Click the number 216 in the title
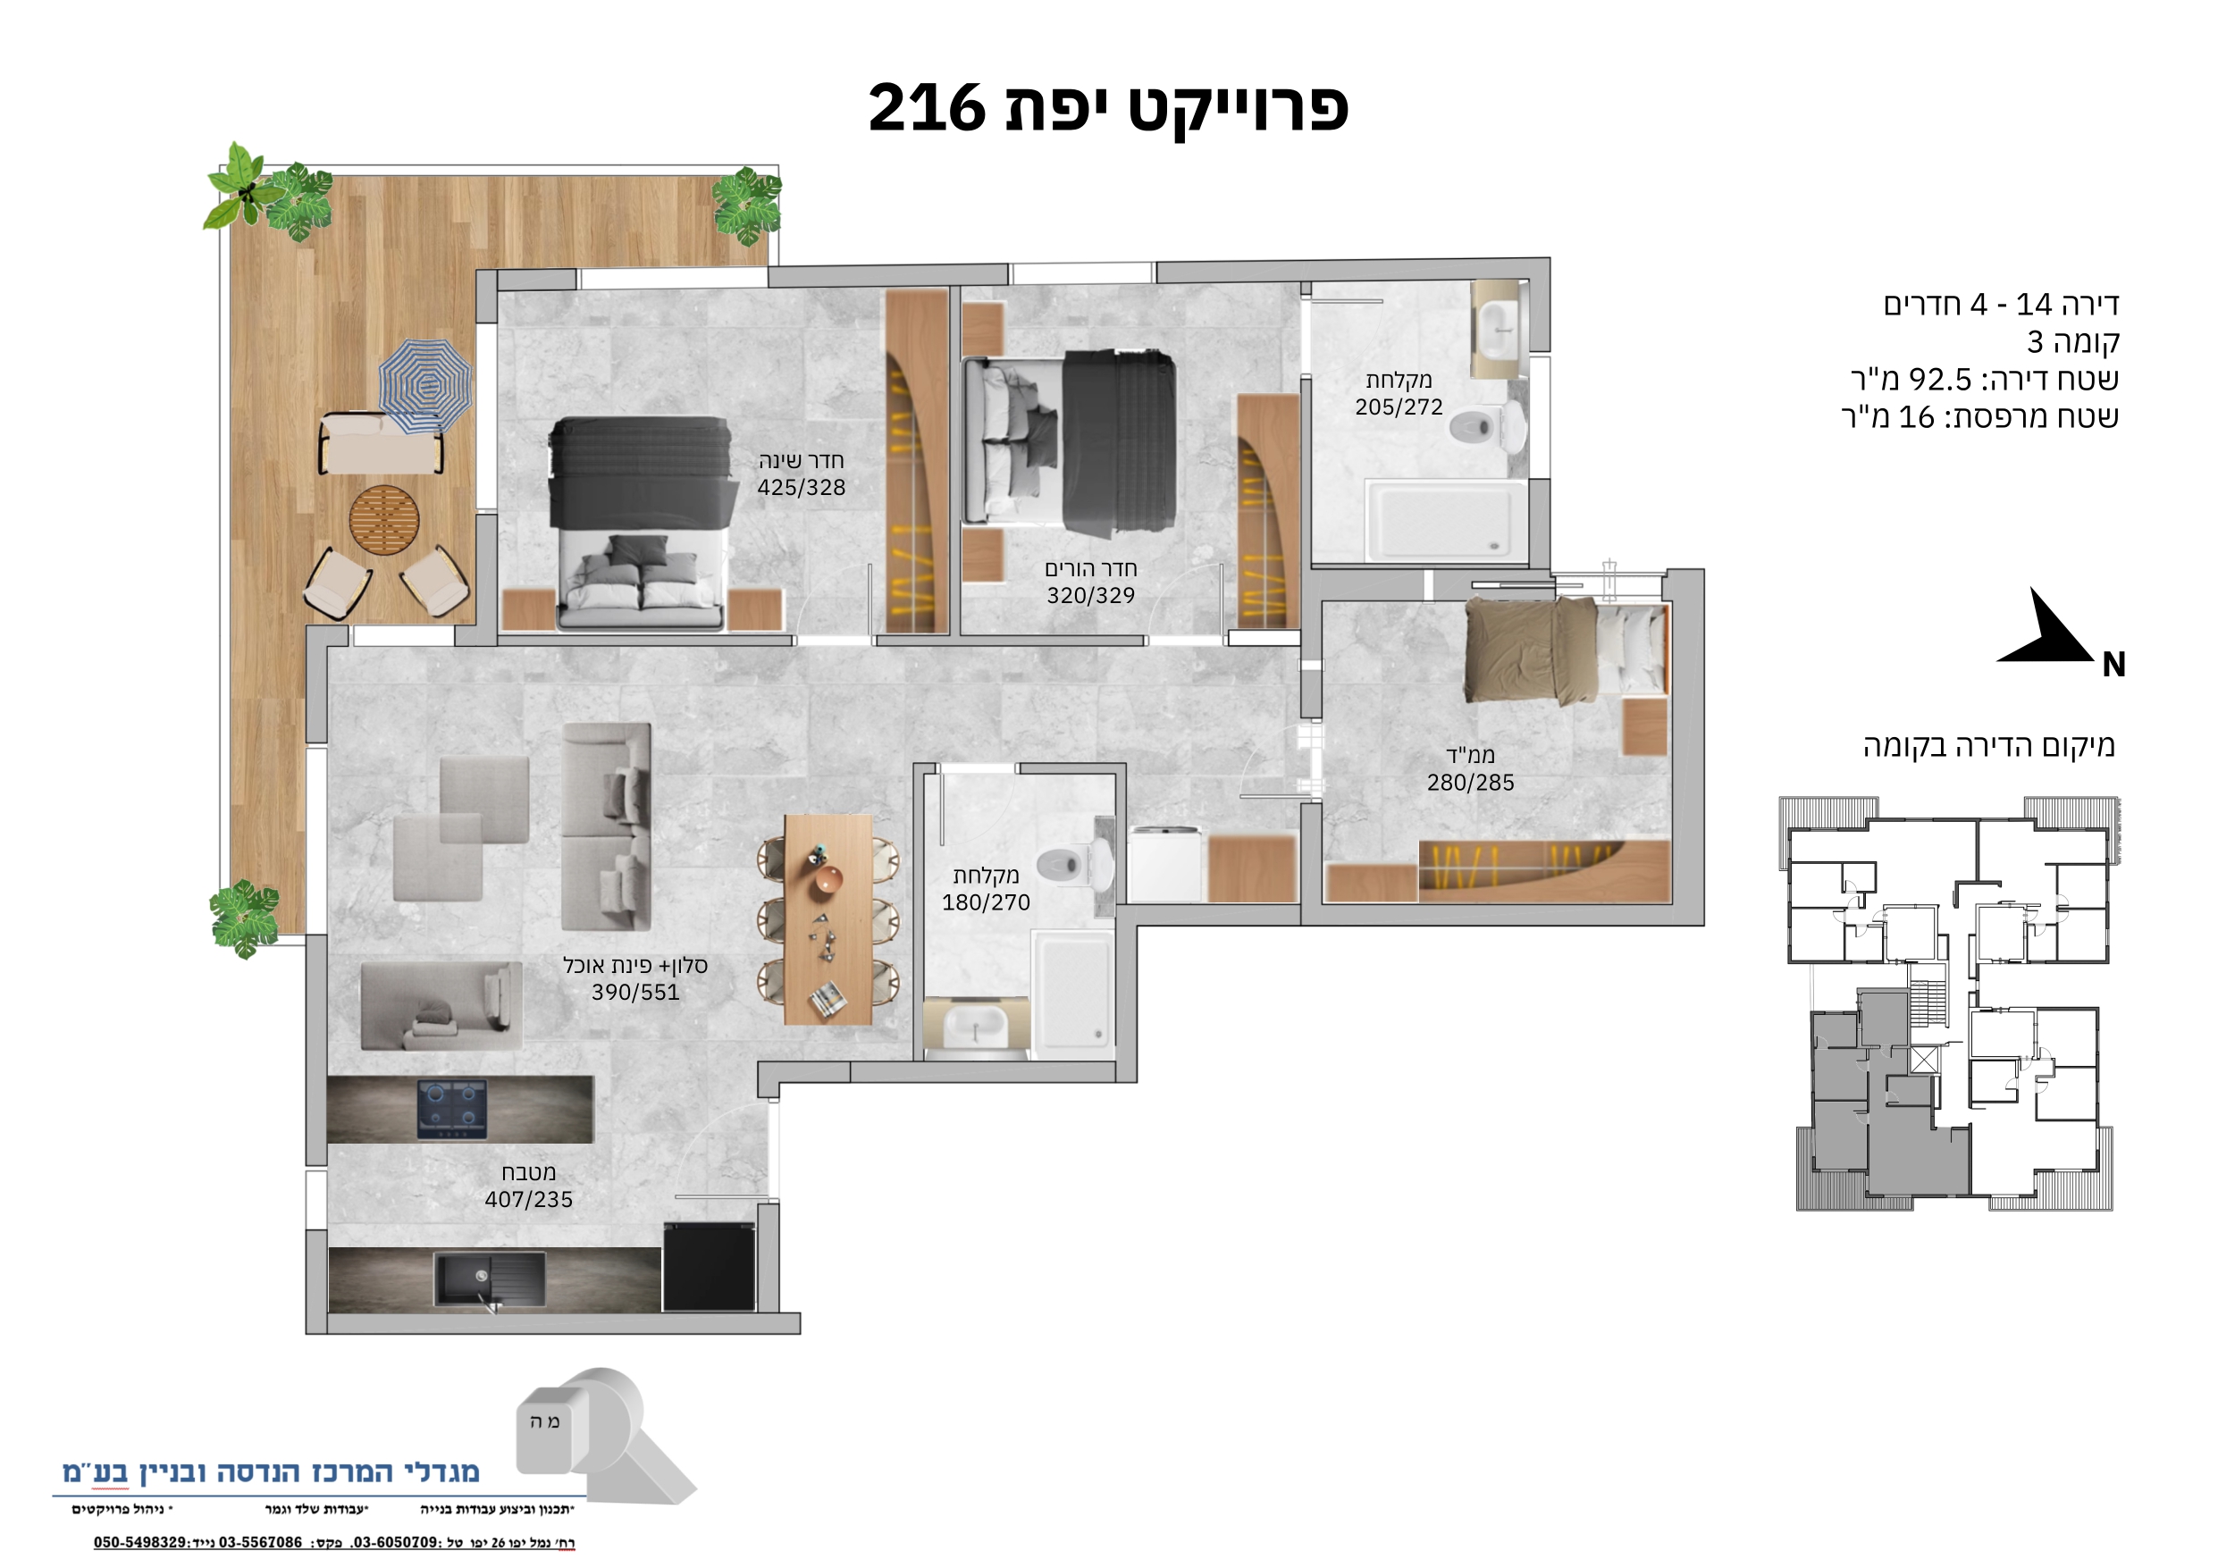click(x=926, y=108)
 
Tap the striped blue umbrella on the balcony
click(x=425, y=385)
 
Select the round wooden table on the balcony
click(x=384, y=520)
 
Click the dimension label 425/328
click(x=801, y=488)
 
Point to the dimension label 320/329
click(x=1090, y=596)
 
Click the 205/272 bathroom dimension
click(x=1399, y=407)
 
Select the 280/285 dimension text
click(x=1470, y=783)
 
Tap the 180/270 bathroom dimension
click(x=987, y=902)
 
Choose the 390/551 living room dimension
click(x=635, y=993)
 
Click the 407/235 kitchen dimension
click(x=528, y=1200)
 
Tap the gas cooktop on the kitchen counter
click(x=452, y=1109)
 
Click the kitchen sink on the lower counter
click(x=490, y=1279)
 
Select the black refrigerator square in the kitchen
click(x=709, y=1267)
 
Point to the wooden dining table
click(x=828, y=919)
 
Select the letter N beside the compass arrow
click(x=2113, y=665)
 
